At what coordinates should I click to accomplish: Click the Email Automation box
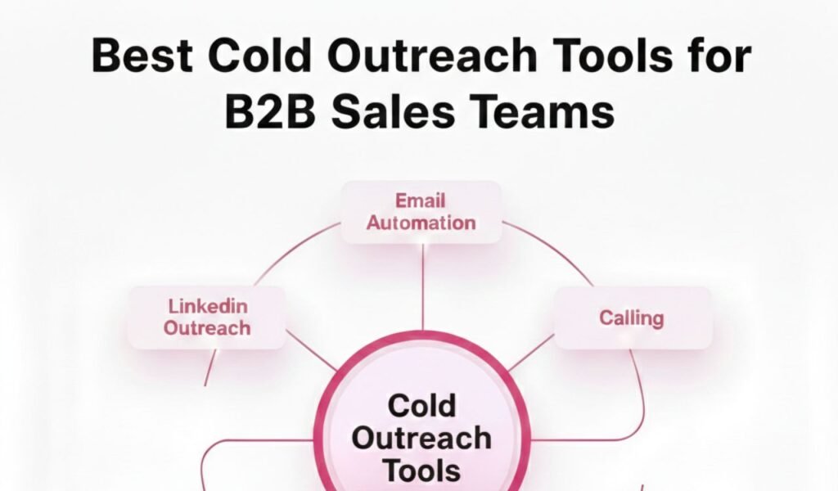point(421,212)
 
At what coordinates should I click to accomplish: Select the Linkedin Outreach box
point(206,318)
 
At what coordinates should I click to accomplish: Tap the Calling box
point(633,318)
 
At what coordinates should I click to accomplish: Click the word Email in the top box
point(421,200)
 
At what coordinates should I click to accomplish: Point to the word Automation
point(421,223)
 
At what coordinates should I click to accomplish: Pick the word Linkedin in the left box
point(207,307)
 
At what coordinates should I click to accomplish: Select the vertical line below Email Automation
point(423,286)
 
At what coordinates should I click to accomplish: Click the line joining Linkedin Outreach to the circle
point(311,352)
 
